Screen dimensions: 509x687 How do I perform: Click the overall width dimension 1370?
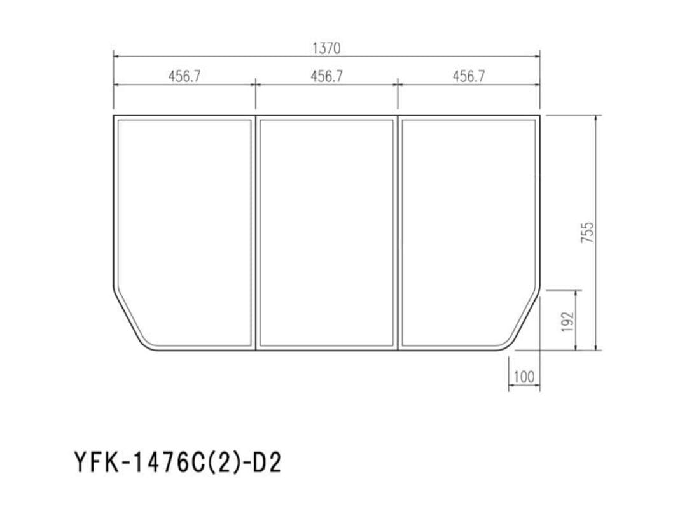click(326, 48)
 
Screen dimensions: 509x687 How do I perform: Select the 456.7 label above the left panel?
click(184, 76)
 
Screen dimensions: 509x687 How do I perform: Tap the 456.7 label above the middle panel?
click(326, 76)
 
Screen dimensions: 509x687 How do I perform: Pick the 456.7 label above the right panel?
click(469, 76)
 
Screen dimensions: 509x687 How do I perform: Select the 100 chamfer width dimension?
click(524, 377)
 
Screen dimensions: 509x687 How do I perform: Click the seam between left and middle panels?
click(256, 232)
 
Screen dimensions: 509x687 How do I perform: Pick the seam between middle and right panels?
click(398, 232)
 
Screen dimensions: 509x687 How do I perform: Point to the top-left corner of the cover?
click(114, 116)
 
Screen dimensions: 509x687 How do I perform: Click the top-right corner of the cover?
click(539, 116)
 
